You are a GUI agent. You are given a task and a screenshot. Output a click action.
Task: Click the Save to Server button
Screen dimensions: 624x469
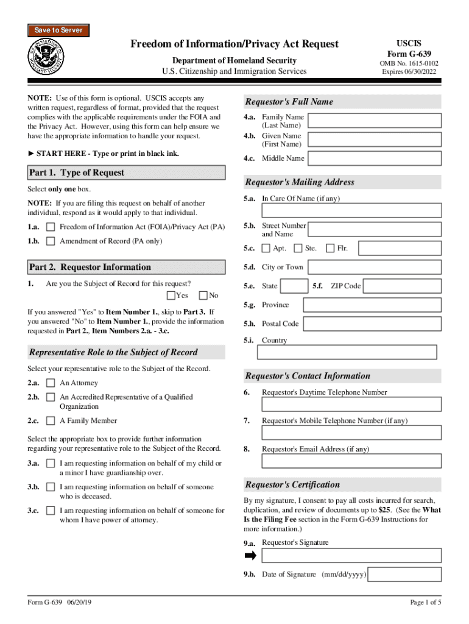pos(58,30)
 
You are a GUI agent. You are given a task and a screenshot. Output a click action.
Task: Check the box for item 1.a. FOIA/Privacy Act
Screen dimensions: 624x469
pos(51,227)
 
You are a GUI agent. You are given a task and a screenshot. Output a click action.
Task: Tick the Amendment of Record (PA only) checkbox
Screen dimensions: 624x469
pos(51,241)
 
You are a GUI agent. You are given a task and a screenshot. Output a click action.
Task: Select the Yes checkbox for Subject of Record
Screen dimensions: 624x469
pos(171,296)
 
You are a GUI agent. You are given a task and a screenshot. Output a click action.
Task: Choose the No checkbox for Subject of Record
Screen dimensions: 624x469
pos(203,296)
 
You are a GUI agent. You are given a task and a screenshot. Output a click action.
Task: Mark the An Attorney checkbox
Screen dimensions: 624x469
pos(51,383)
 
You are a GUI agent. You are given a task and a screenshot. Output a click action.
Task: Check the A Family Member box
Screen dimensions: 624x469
pos(51,421)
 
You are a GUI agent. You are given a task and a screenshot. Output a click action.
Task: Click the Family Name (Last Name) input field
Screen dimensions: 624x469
pos(374,121)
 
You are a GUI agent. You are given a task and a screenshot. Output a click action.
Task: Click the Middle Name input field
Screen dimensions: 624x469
pos(374,158)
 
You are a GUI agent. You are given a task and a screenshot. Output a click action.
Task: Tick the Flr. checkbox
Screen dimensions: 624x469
pos(330,248)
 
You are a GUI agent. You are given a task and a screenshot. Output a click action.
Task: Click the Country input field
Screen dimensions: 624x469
pos(348,352)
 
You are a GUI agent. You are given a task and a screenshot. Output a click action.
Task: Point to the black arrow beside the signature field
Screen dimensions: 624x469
pos(250,556)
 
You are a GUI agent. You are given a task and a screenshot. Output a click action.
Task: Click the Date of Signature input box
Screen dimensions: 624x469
pos(405,574)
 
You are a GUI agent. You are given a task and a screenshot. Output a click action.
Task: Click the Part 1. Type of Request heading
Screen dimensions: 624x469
pos(76,172)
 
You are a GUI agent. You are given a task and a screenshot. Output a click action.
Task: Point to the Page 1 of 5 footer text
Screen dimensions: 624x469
pos(426,603)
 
